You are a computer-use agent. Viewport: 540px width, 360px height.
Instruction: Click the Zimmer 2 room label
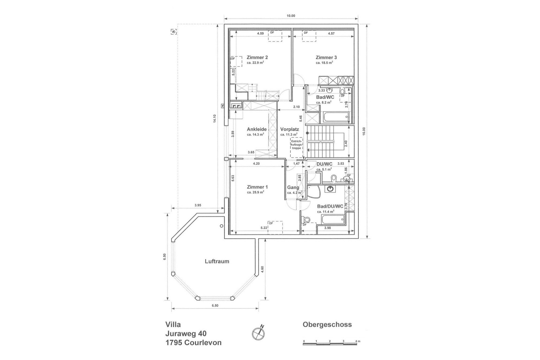(x=257, y=57)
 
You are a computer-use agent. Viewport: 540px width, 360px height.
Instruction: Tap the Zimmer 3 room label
(x=326, y=57)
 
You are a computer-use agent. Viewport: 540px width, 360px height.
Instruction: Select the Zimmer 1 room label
(x=257, y=187)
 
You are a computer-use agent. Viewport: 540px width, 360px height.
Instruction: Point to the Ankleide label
(x=257, y=129)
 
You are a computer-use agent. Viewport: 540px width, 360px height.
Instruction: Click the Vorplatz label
(x=289, y=129)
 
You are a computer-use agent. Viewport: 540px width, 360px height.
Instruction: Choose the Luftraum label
(x=217, y=261)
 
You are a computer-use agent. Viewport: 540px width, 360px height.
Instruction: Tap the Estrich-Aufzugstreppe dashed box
(x=296, y=147)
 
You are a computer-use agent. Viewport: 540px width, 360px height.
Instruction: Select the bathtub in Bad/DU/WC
(x=333, y=220)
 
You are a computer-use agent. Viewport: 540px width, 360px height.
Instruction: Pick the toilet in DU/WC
(x=334, y=178)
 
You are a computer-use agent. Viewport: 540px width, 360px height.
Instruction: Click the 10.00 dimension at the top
(x=291, y=16)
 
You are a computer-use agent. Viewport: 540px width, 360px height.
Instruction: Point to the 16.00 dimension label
(x=364, y=131)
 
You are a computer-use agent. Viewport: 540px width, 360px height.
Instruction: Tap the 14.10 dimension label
(x=214, y=118)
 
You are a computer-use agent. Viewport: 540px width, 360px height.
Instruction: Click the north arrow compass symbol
(x=258, y=333)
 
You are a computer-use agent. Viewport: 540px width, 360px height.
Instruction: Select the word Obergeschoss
(x=327, y=325)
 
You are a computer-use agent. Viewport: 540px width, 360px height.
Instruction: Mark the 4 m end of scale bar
(x=357, y=344)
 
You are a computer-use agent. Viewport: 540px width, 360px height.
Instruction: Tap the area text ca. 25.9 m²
(x=255, y=192)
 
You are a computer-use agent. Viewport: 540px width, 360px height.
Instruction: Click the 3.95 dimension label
(x=198, y=205)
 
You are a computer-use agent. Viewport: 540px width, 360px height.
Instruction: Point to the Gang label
(x=293, y=187)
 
